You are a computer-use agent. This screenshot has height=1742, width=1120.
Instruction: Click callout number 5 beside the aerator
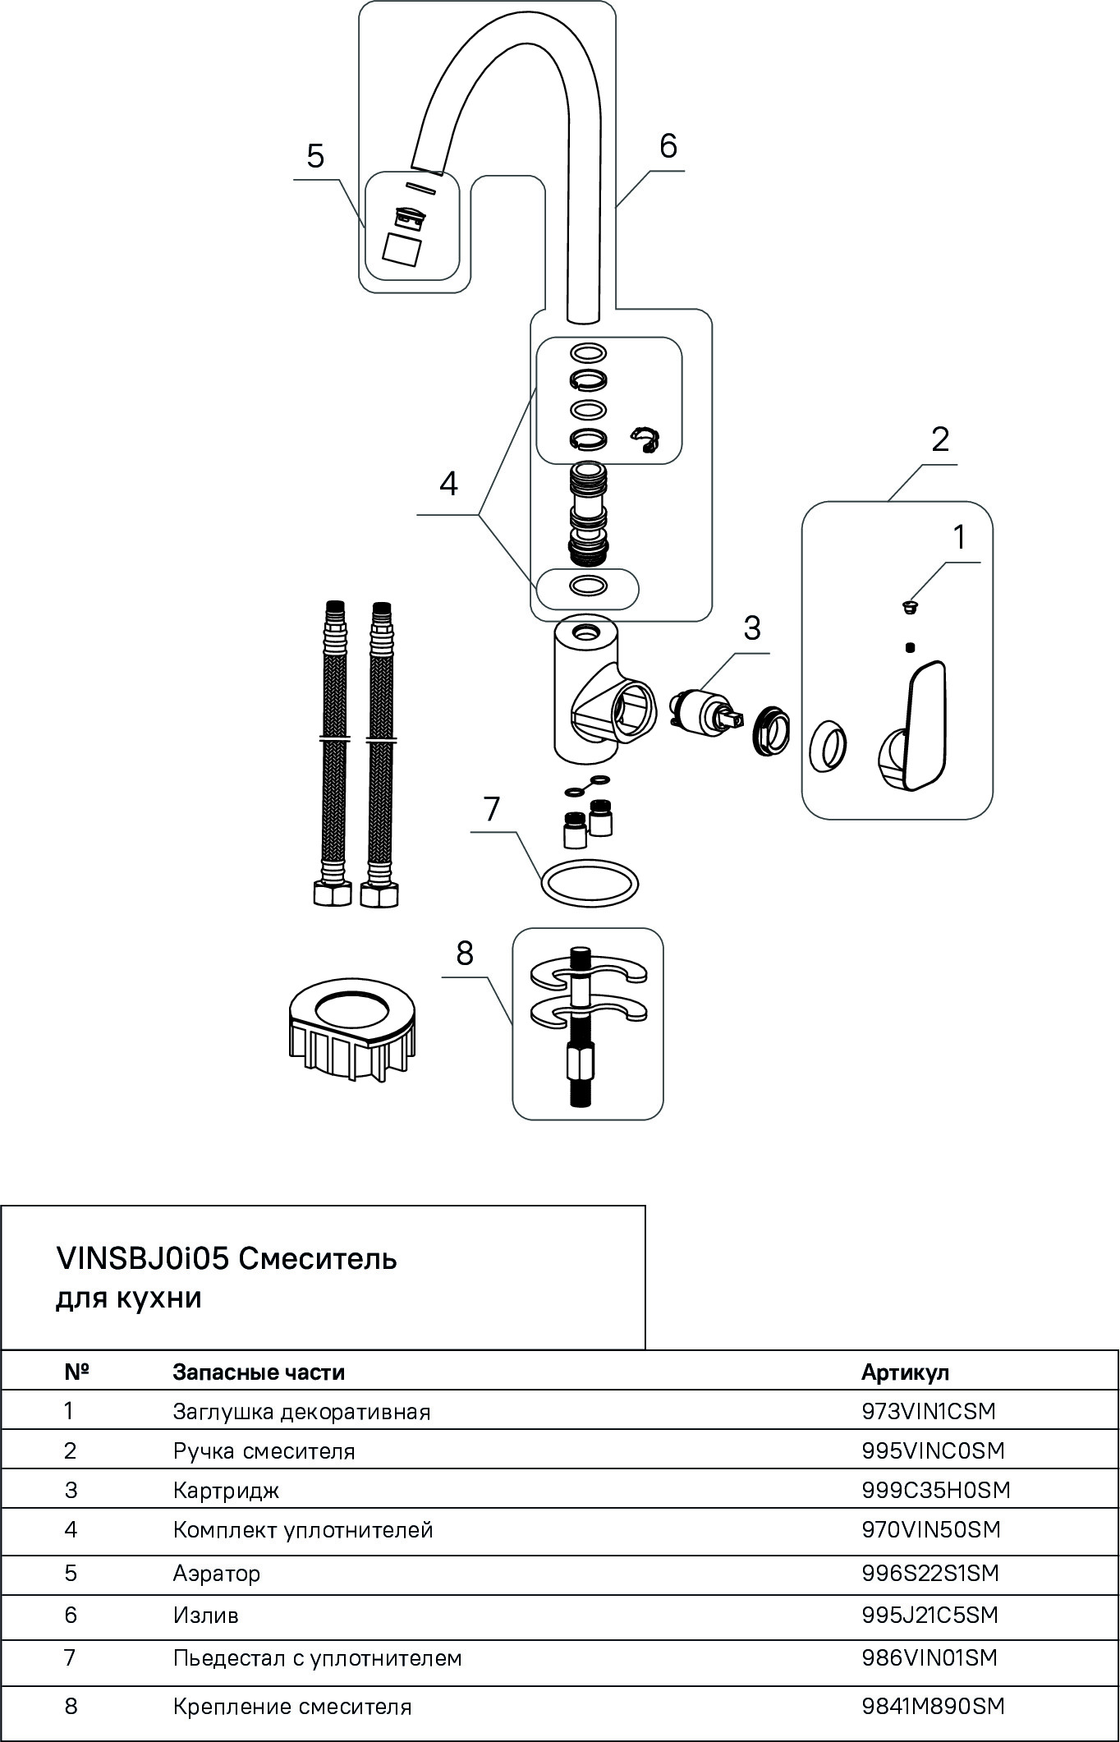pyautogui.click(x=315, y=155)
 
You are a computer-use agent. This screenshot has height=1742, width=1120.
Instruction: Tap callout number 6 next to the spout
pyautogui.click(x=668, y=146)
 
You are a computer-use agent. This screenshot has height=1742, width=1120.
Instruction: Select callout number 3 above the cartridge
pyautogui.click(x=751, y=628)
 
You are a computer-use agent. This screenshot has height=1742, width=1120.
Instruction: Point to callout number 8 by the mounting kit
pyautogui.click(x=465, y=953)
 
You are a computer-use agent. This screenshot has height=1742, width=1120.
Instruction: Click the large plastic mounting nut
pyautogui.click(x=352, y=1027)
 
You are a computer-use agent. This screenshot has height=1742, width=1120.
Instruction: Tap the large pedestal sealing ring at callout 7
pyautogui.click(x=589, y=885)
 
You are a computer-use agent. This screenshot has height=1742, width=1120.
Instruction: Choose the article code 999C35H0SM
pyautogui.click(x=935, y=1490)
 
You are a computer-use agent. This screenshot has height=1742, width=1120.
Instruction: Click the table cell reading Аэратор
pyautogui.click(x=217, y=1573)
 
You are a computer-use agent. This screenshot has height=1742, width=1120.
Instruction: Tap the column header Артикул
pyautogui.click(x=905, y=1372)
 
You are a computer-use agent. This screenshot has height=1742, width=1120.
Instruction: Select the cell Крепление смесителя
pyautogui.click(x=291, y=1707)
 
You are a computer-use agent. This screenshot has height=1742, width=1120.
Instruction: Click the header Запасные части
pyautogui.click(x=259, y=1372)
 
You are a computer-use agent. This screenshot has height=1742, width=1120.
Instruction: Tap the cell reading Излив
pyautogui.click(x=205, y=1616)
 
